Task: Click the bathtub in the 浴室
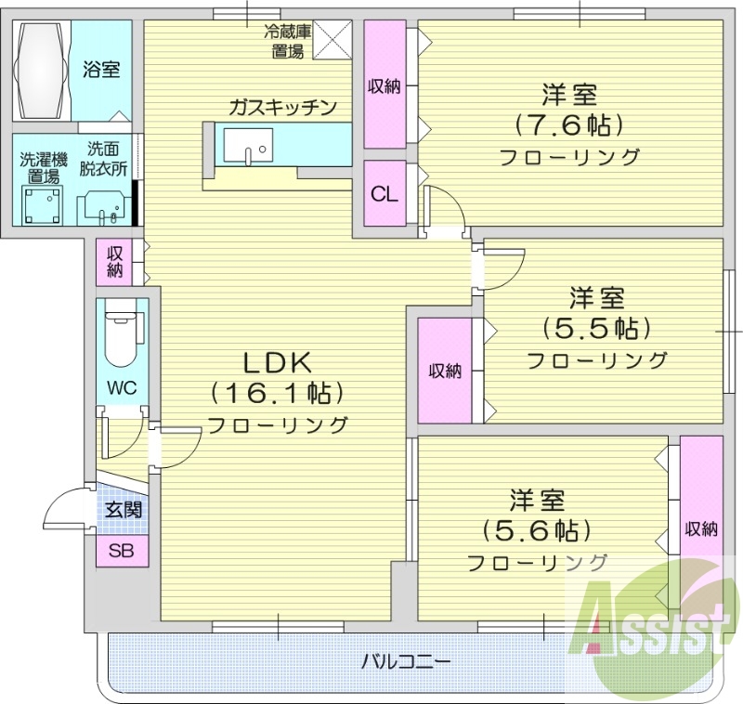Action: [41, 71]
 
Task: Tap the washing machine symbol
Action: [43, 204]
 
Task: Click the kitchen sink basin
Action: [248, 146]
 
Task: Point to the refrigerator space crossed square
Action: [332, 40]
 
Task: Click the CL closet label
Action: [385, 193]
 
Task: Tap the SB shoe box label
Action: [122, 551]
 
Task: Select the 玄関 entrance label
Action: [124, 510]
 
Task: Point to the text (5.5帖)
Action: [596, 328]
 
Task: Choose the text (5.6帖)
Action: [537, 530]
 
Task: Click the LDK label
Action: [278, 363]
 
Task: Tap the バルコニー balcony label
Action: [406, 661]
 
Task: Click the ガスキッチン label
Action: [283, 108]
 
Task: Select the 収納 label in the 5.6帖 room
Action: [701, 529]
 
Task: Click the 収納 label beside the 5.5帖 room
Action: [445, 371]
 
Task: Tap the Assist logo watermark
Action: [655, 628]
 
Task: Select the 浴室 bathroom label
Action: [101, 70]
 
